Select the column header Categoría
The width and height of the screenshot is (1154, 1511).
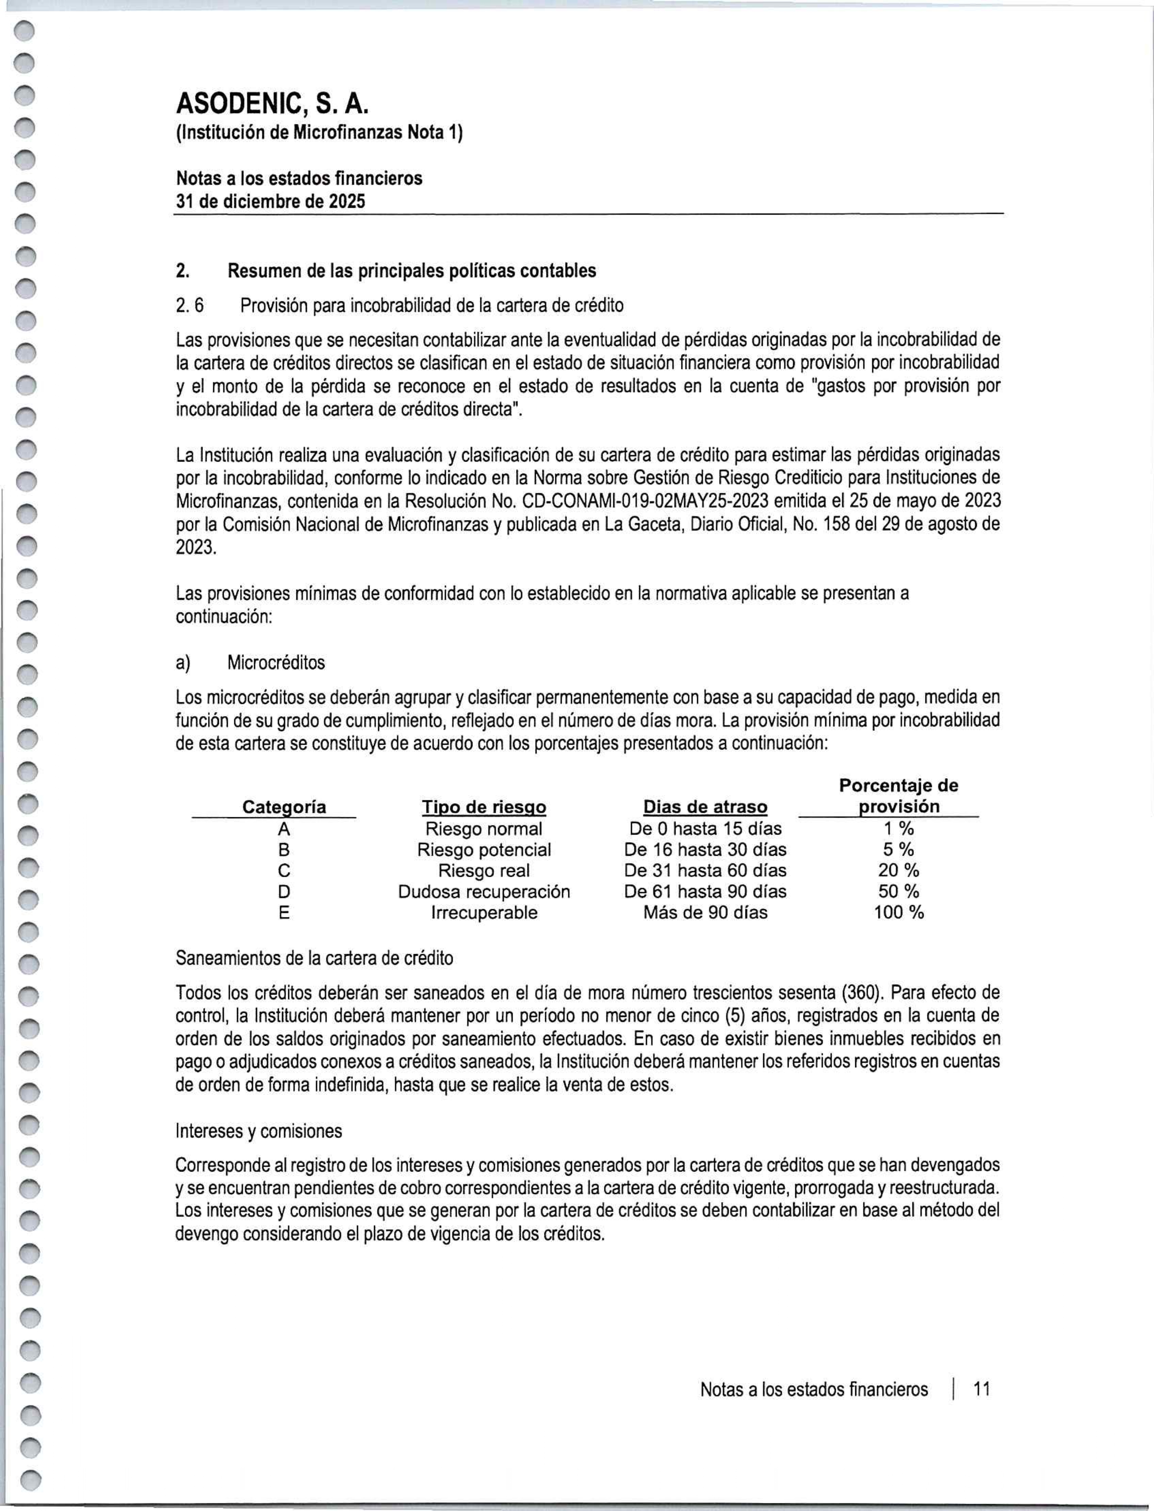click(x=284, y=807)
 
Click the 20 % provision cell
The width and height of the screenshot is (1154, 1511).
click(x=898, y=870)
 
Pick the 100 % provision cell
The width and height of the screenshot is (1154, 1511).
click(x=898, y=912)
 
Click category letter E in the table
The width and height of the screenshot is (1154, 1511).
click(x=284, y=913)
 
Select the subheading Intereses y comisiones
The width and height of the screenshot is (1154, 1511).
click(x=259, y=1131)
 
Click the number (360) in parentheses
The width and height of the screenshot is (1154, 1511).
click(x=861, y=993)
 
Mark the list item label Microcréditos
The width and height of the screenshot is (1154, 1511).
click(x=276, y=663)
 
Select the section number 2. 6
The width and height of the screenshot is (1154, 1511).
click(x=190, y=305)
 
